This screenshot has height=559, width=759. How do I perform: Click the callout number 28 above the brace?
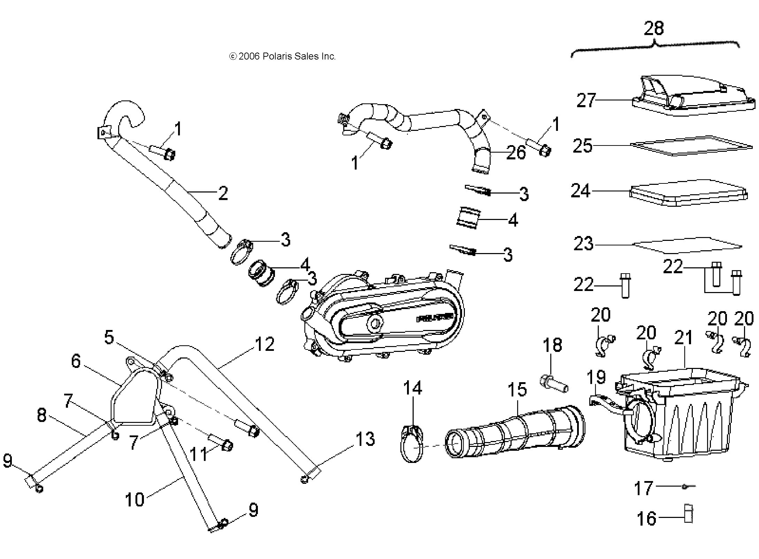click(653, 29)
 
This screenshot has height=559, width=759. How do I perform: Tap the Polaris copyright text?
click(282, 57)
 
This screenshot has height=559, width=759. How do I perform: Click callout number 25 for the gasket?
click(583, 146)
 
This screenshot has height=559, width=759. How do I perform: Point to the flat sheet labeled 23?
click(687, 245)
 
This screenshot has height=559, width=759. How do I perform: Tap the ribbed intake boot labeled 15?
click(516, 432)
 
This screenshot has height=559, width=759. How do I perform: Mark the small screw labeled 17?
click(688, 486)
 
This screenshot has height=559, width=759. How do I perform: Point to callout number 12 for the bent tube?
click(265, 344)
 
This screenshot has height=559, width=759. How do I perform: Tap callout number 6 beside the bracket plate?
click(76, 361)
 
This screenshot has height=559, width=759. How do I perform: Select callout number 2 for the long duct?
click(223, 193)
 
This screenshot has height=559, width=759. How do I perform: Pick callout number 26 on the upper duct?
click(516, 152)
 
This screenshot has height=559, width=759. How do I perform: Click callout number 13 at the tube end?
click(365, 439)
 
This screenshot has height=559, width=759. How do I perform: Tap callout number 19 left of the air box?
click(596, 377)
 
